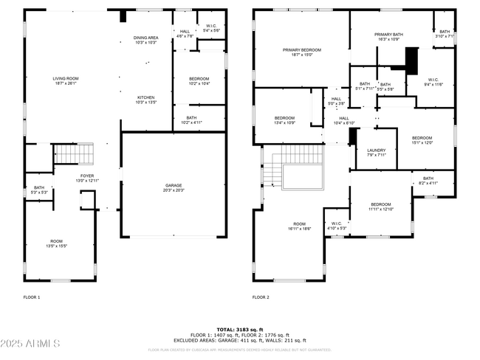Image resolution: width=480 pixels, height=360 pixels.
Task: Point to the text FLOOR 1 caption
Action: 32,297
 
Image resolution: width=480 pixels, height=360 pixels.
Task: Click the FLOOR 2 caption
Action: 261,297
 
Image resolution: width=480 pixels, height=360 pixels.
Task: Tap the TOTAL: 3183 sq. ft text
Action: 240,329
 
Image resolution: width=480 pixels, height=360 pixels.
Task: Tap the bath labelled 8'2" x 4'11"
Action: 428,181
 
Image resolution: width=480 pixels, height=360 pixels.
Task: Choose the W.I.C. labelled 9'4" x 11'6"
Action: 433,83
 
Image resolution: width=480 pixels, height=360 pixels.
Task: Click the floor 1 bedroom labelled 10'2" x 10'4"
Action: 198,81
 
